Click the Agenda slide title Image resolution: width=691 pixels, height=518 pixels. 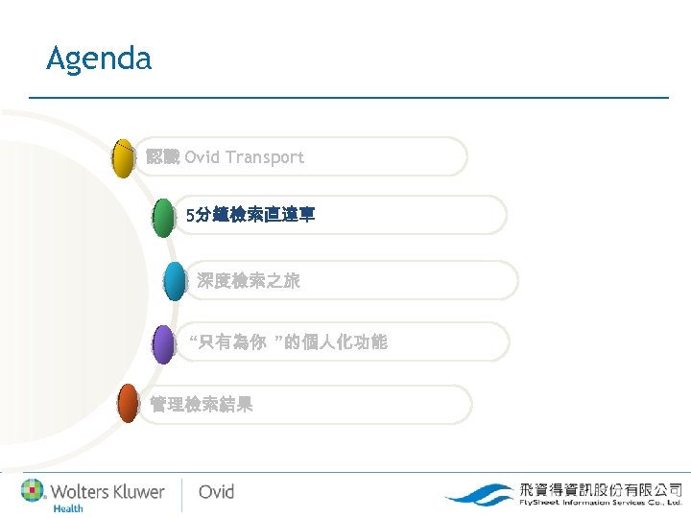pos(99,59)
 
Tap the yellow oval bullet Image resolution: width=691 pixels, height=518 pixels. pos(123,158)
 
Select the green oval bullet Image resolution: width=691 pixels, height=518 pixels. pos(164,218)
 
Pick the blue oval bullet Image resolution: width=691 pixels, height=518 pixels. pos(175,281)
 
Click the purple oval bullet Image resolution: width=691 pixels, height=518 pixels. pos(164,343)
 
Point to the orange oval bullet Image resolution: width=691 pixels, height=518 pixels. pos(128,404)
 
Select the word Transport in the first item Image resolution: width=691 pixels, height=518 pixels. pos(265,157)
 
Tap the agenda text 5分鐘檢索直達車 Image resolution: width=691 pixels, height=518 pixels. pos(250,217)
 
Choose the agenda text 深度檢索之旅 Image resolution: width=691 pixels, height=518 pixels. pos(249,281)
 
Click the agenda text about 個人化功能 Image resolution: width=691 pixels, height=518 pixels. pos(288,341)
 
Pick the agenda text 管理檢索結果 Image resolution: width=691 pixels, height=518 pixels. pos(202,405)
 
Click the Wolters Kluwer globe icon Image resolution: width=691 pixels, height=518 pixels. pos(33,490)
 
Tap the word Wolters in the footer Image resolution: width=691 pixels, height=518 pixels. pos(80,491)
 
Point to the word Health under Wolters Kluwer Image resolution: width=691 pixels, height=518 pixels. pos(68,508)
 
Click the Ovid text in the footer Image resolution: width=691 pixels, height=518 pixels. pos(216,492)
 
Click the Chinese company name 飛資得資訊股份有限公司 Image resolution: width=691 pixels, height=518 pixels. pos(601,487)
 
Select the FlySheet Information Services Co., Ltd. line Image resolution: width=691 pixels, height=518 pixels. pos(601,502)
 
